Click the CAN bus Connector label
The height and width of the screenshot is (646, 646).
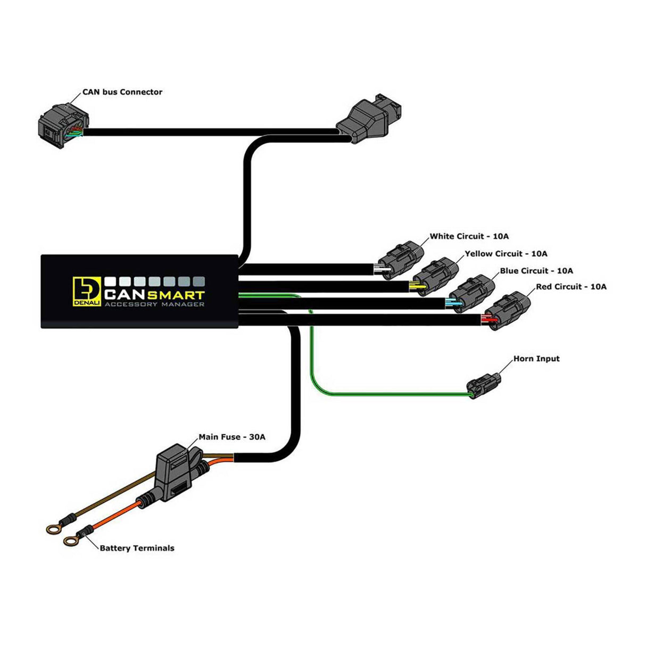click(x=122, y=92)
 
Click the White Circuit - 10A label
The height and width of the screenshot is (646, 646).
click(x=469, y=236)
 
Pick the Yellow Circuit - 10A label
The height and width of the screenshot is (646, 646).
click(x=506, y=254)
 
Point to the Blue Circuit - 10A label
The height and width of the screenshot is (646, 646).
click(x=536, y=271)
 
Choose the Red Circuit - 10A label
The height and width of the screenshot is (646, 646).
click(x=571, y=287)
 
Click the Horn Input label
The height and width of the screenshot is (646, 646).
click(x=536, y=359)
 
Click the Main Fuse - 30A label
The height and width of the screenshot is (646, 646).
click(x=231, y=437)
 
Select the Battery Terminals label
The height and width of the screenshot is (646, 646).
click(x=137, y=548)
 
